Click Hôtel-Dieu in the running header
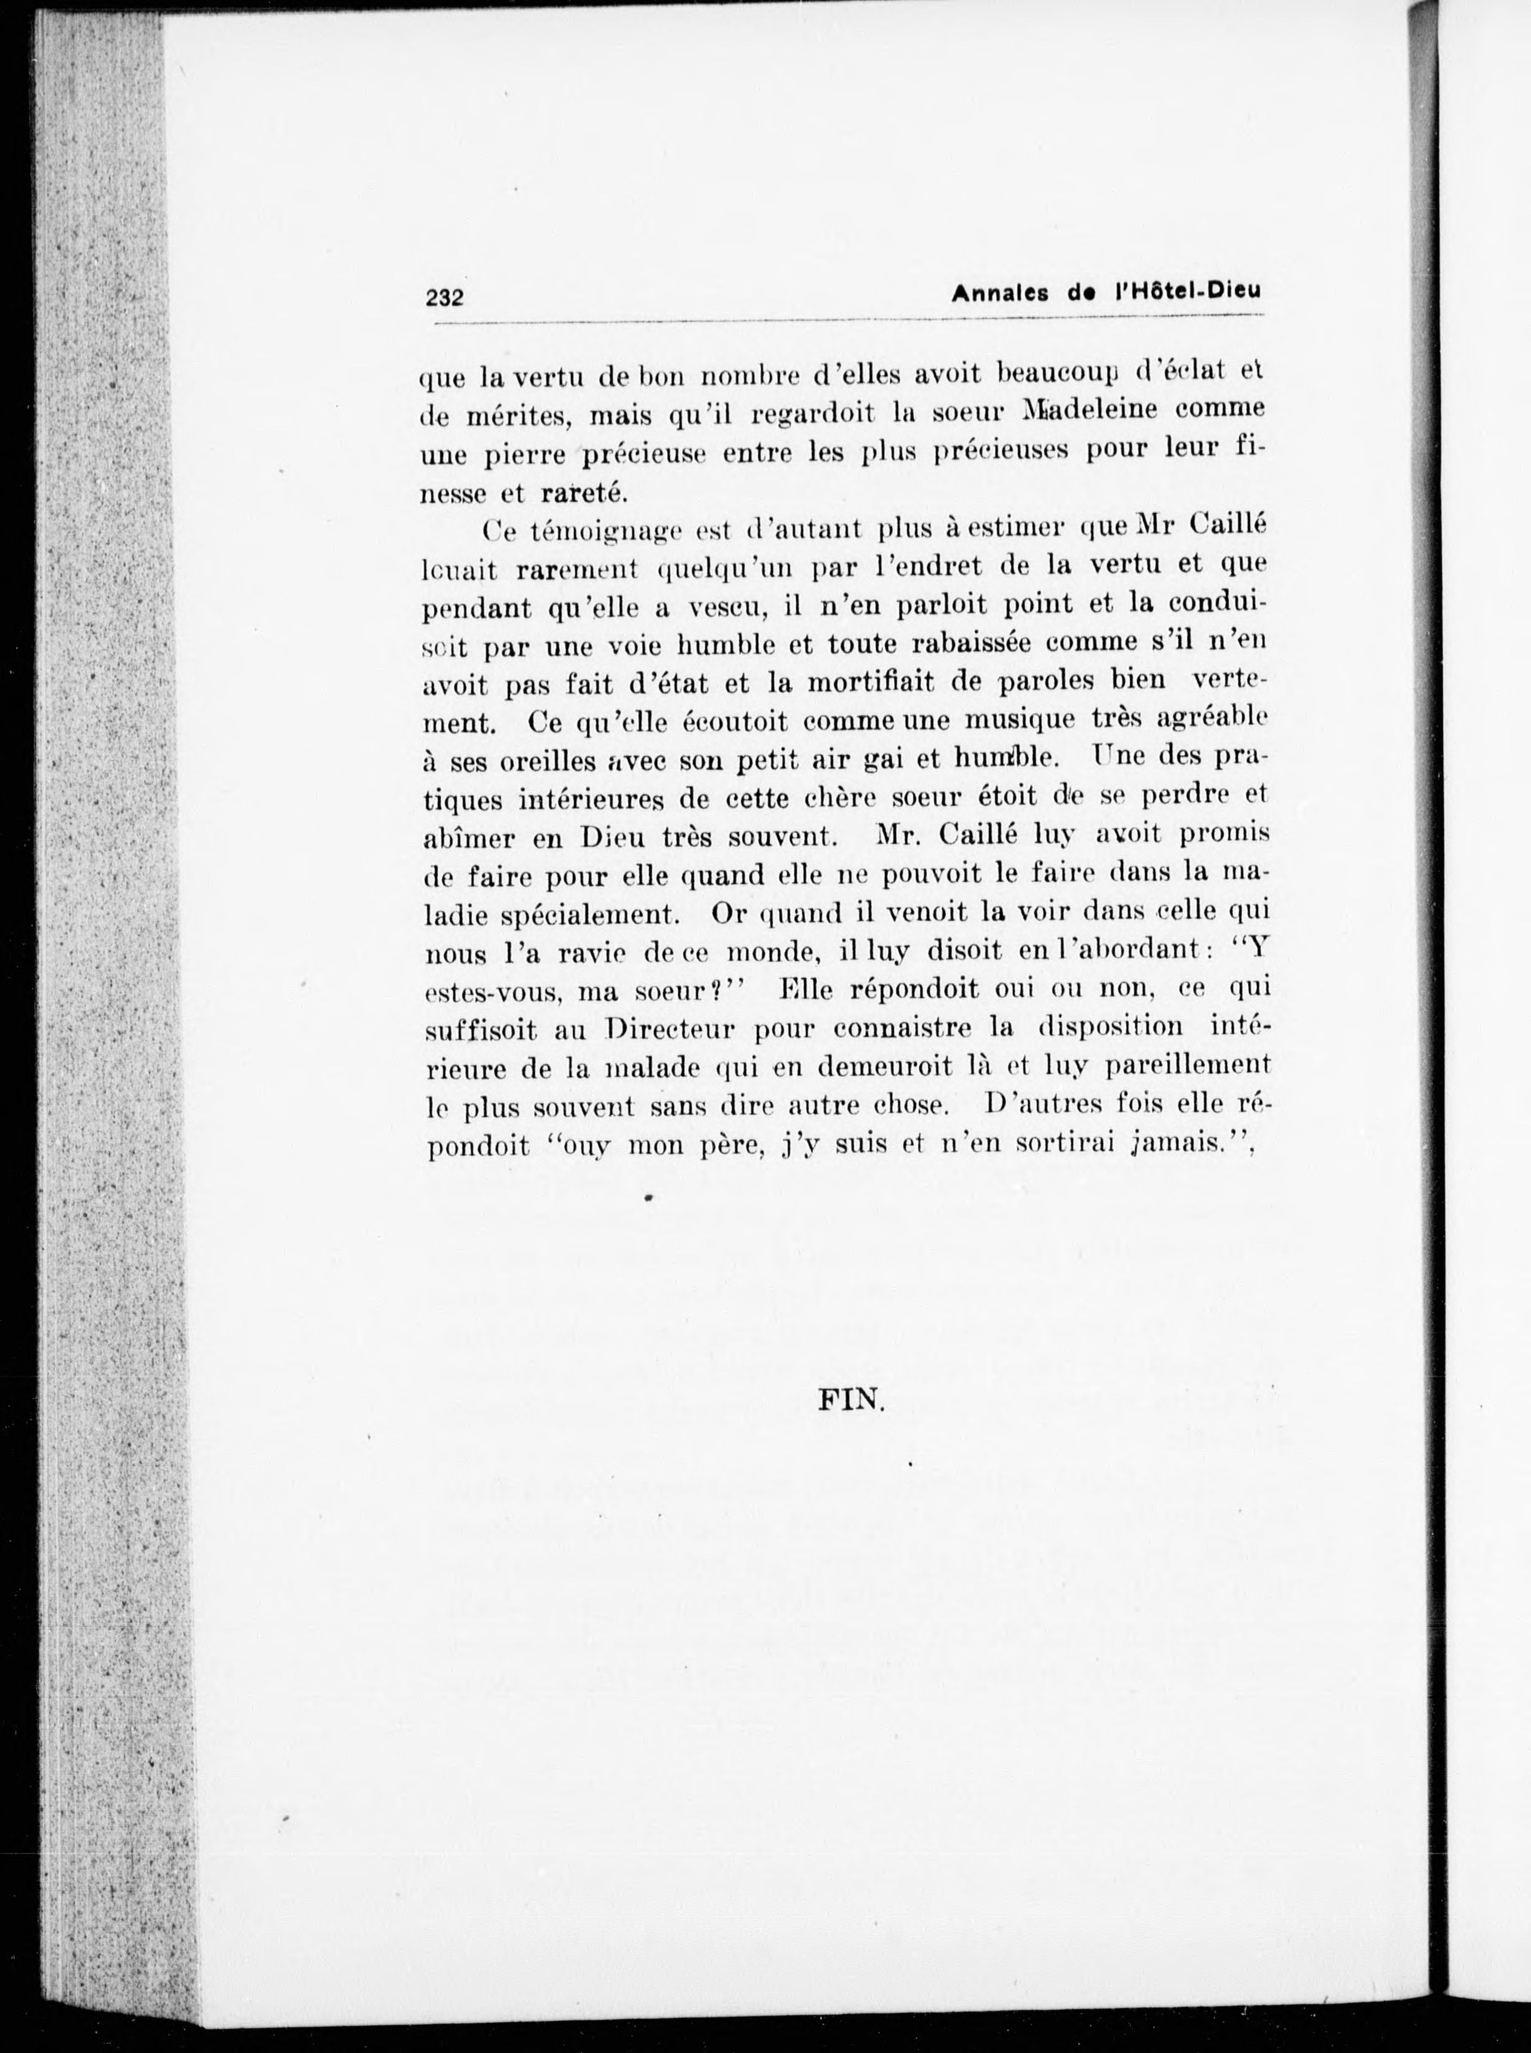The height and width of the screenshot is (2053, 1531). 1190,291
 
